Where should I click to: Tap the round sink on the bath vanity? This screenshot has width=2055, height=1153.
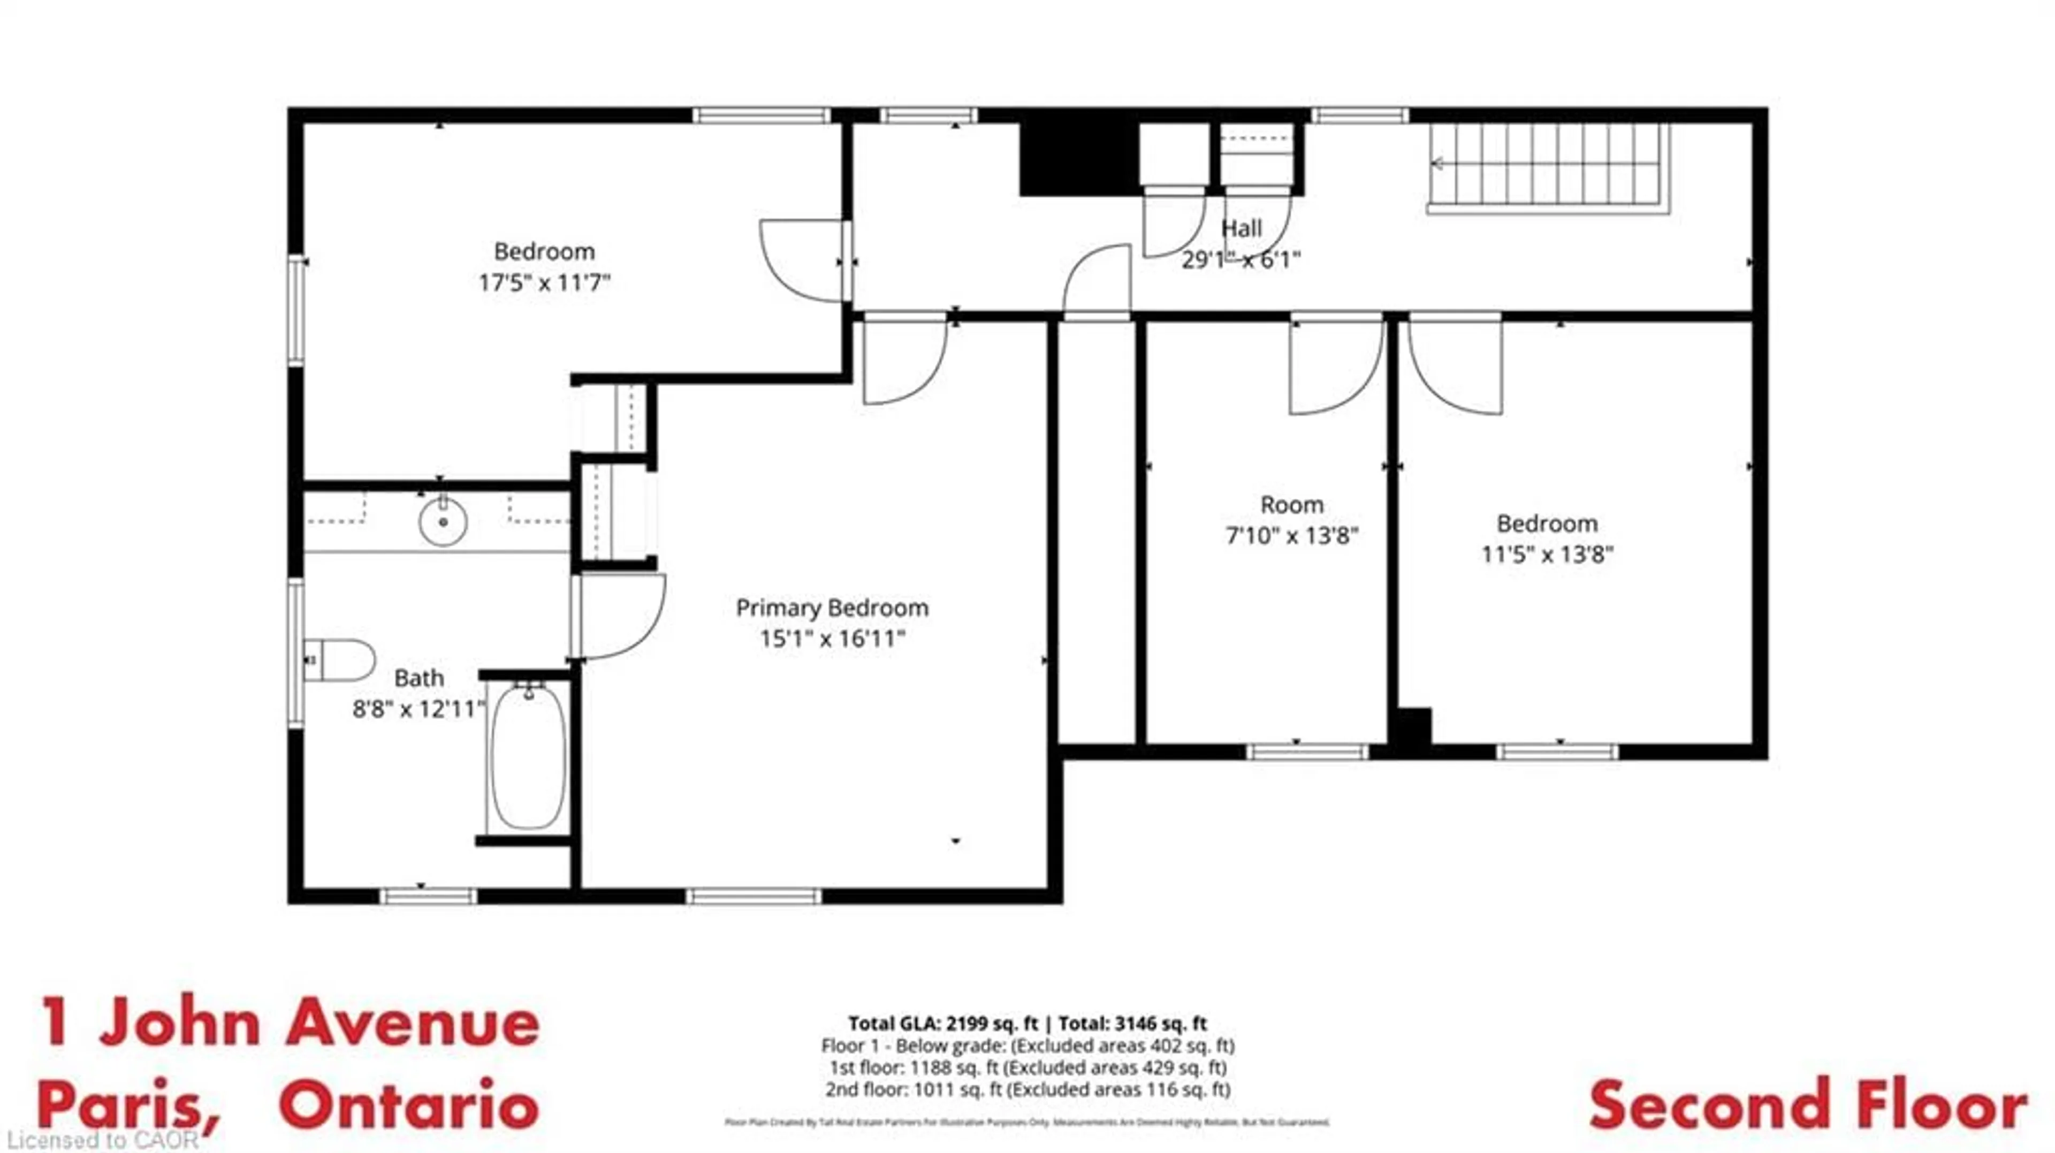pyautogui.click(x=443, y=521)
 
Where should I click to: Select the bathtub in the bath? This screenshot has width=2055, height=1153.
pyautogui.click(x=528, y=756)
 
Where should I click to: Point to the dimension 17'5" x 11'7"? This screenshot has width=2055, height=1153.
pyautogui.click(x=544, y=283)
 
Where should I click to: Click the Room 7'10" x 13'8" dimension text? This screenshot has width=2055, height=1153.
pyautogui.click(x=1291, y=535)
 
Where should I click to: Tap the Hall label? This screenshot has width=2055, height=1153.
pyautogui.click(x=1242, y=229)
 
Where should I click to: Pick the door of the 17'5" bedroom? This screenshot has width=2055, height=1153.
pyautogui.click(x=802, y=261)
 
